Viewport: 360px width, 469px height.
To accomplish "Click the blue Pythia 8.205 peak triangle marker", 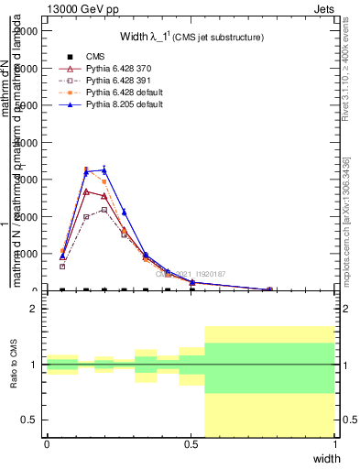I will pyautogui.click(x=104, y=169).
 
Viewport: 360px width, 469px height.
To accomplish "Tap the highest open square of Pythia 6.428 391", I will pyautogui.click(x=104, y=210).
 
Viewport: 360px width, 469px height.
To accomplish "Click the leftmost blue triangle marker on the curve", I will pyautogui.click(x=62, y=256).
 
